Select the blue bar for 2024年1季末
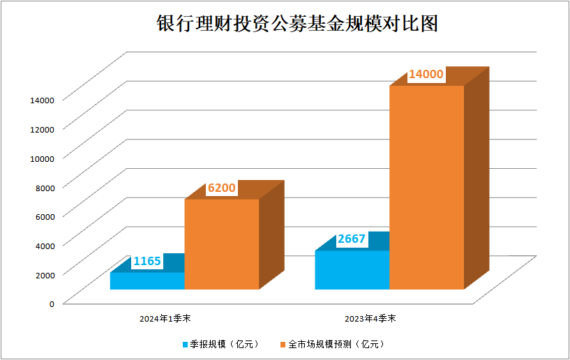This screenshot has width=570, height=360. point(147,280)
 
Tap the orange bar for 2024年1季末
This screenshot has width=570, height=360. point(221,244)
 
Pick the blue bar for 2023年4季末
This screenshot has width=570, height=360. point(352,269)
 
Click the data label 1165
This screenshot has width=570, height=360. point(147,262)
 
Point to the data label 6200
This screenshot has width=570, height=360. point(222,188)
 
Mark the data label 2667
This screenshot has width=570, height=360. point(352,239)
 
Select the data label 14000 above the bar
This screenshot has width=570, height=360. point(426,75)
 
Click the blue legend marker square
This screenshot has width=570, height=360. point(185,344)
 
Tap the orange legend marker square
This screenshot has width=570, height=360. point(283,344)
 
